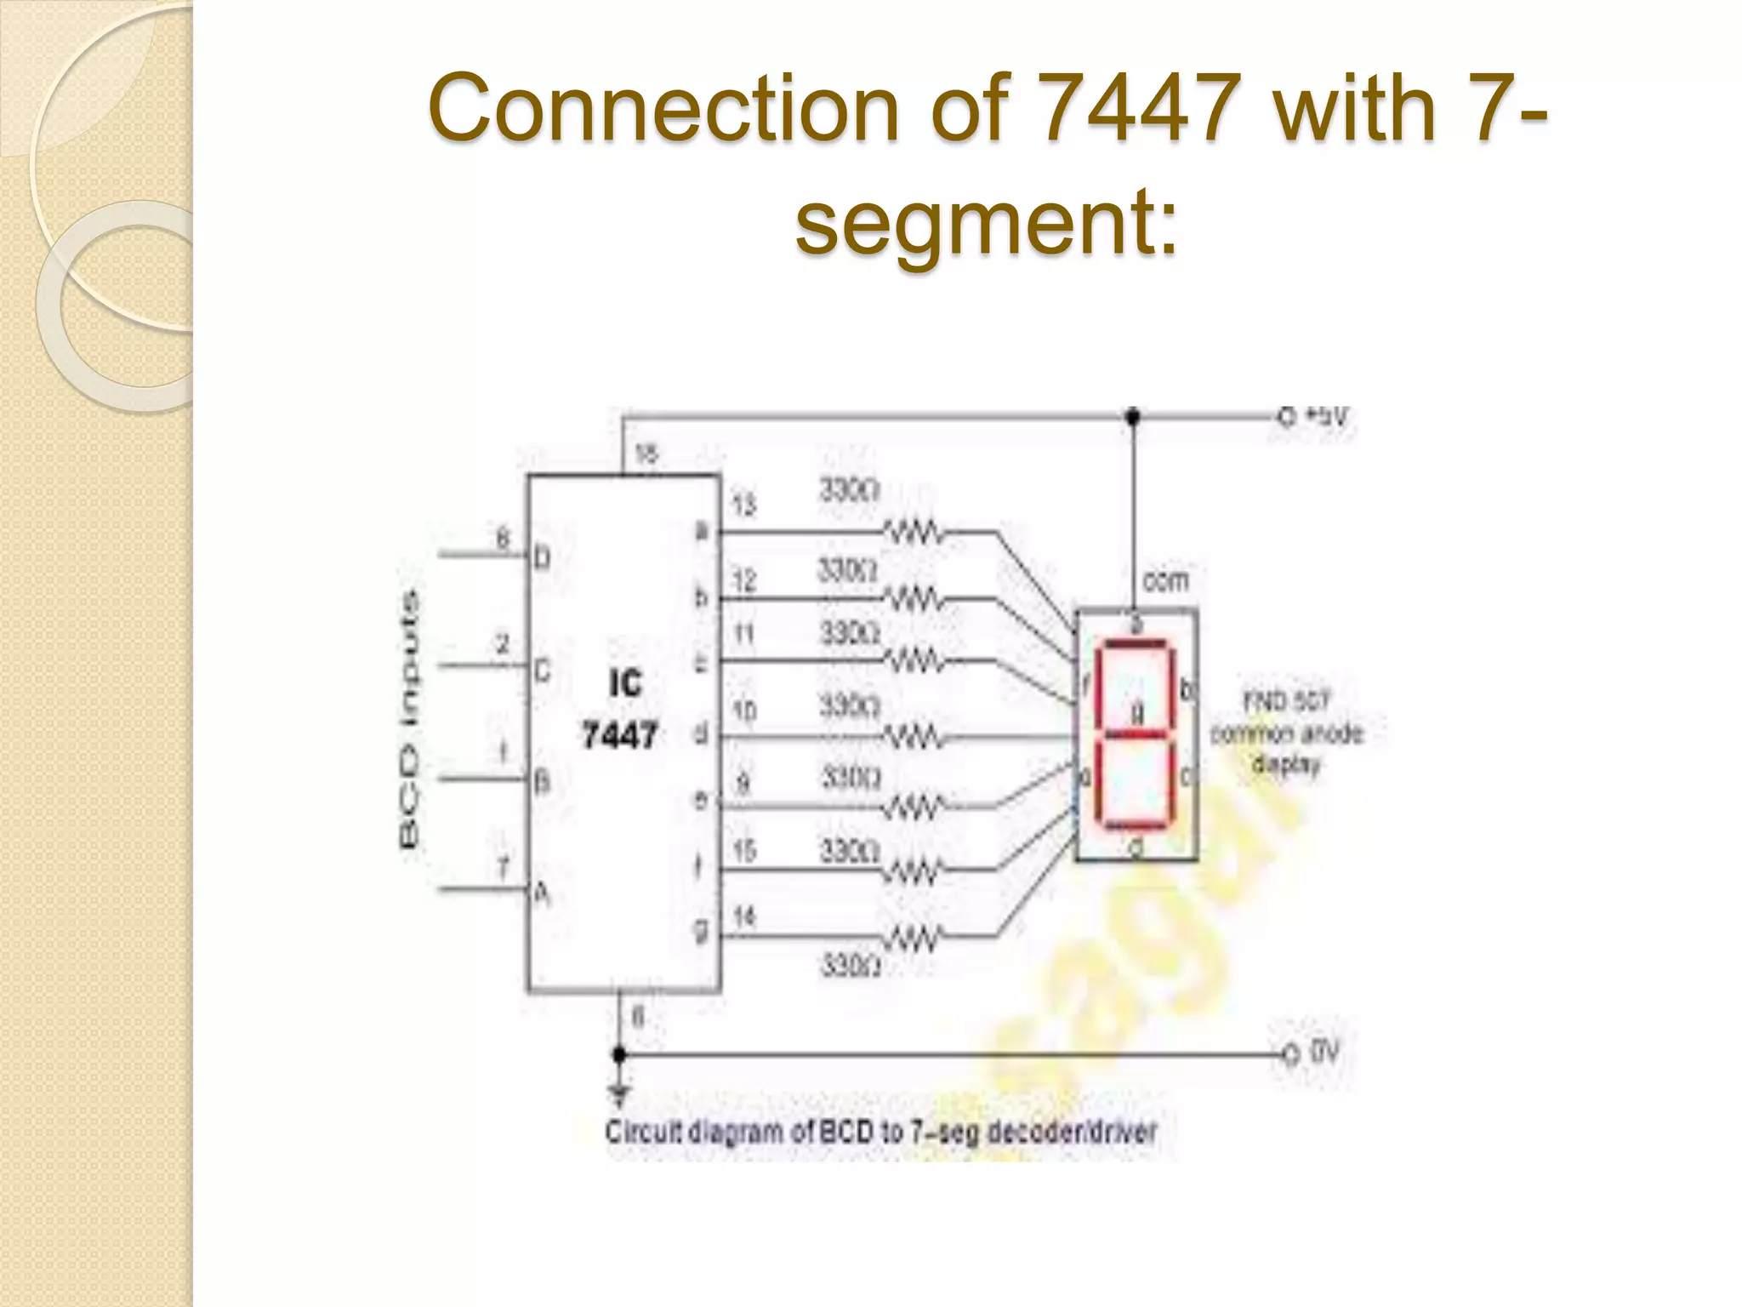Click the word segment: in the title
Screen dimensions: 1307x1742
click(987, 223)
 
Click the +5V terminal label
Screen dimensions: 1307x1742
click(1327, 417)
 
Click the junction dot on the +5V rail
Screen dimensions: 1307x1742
click(1132, 417)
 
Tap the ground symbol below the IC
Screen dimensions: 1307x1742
click(620, 1093)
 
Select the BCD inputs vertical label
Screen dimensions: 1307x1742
click(409, 719)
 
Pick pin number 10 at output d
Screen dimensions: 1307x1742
click(744, 711)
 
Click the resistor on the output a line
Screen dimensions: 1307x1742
click(915, 534)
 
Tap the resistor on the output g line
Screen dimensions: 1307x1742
click(915, 938)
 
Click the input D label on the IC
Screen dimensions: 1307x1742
click(542, 559)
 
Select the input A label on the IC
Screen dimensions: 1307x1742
click(542, 893)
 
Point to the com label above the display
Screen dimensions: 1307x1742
click(1164, 581)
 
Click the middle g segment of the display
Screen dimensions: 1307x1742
click(1135, 733)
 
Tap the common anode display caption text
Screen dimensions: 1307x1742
click(1286, 733)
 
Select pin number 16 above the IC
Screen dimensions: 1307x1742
click(646, 454)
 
